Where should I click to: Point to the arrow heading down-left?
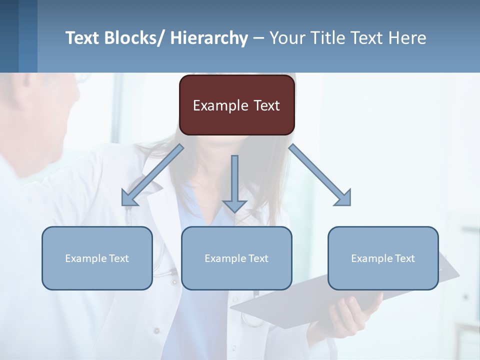click(152, 175)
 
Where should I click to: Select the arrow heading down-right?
click(320, 175)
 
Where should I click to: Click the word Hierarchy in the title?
click(209, 38)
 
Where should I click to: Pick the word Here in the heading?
click(408, 38)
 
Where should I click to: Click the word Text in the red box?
click(264, 105)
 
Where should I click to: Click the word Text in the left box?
click(119, 258)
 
